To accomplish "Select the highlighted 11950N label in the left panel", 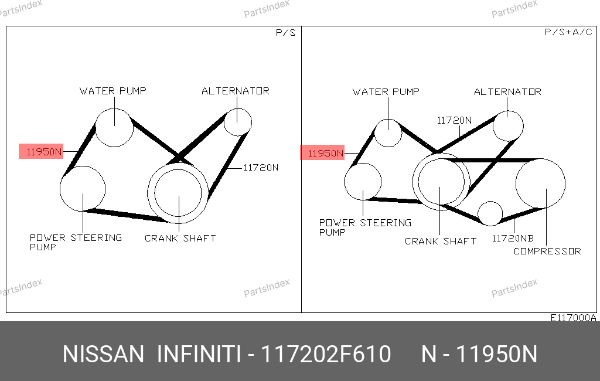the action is [41, 152].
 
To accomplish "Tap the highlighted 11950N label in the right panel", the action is [322, 153].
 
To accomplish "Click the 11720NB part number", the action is [512, 238].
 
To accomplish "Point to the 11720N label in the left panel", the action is [261, 167].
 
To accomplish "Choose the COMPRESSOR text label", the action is [547, 251].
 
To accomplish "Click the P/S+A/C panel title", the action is [568, 32].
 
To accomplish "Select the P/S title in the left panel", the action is [286, 33].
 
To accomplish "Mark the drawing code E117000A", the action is [573, 318].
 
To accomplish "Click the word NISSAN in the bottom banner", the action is [103, 354].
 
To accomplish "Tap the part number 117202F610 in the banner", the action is [326, 354].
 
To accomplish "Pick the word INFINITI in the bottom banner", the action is [199, 354].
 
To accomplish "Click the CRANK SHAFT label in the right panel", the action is [441, 241].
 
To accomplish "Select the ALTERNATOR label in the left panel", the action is [236, 91].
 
